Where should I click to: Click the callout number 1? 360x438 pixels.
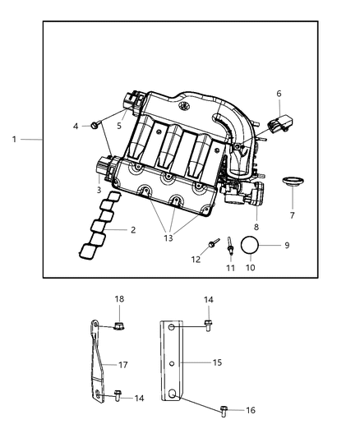tap(14, 139)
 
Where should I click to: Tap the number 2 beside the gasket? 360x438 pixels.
tap(132, 230)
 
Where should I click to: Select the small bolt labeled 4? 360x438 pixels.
tap(96, 125)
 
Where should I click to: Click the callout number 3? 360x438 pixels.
tap(99, 189)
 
